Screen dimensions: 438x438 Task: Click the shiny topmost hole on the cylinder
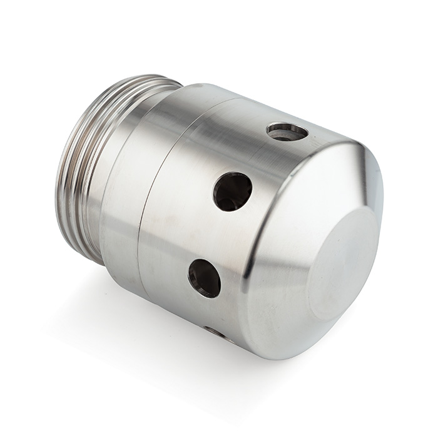coord(287,131)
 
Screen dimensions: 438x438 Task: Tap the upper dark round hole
coord(232,191)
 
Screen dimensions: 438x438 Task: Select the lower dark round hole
coord(204,278)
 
